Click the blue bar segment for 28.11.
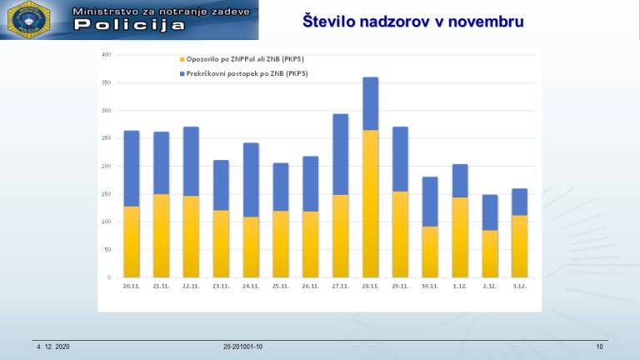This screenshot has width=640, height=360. coord(370,103)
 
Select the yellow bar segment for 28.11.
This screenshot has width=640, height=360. coord(370,203)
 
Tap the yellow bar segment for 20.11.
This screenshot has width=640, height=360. coord(132,242)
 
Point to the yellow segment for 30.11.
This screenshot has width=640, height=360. coord(430,252)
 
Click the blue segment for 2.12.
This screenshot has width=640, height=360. coord(490,212)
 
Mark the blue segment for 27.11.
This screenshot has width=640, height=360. coord(341,154)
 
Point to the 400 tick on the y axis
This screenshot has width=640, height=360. coord(106,55)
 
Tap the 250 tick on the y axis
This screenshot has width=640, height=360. coord(106,138)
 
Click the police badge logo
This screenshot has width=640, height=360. coord(30,20)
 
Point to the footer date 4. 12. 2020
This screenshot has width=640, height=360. coord(52,346)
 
